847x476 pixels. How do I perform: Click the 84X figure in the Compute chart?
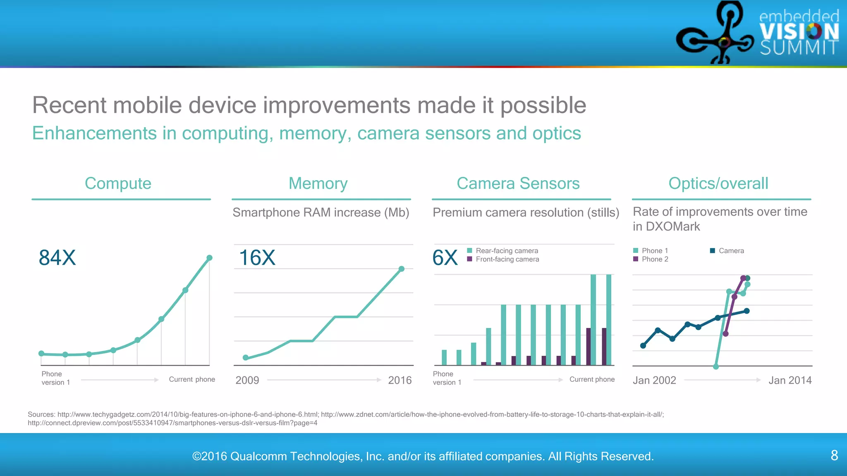tap(57, 258)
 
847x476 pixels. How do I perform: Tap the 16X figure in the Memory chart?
tap(257, 258)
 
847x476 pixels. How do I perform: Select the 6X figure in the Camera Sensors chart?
tap(445, 258)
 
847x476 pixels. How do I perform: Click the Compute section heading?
tap(118, 183)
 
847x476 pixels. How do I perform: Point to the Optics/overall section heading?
tap(718, 183)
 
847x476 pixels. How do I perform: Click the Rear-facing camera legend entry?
tap(507, 251)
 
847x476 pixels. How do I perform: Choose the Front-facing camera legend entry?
tap(507, 259)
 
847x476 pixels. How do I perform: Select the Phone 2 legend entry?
tap(655, 259)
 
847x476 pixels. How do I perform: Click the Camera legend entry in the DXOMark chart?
tap(731, 251)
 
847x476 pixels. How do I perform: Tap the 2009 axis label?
tap(247, 380)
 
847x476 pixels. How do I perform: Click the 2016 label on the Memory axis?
tap(400, 380)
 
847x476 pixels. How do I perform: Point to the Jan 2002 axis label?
tap(654, 380)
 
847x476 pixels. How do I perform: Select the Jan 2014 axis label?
tap(790, 380)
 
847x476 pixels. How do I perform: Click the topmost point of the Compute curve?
tap(209, 258)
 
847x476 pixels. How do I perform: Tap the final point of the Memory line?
tap(401, 269)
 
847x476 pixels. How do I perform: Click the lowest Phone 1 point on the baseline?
tap(716, 367)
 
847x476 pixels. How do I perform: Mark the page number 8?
tap(834, 455)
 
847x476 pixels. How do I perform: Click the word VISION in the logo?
tap(799, 31)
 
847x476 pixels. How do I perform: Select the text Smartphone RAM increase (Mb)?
tap(321, 212)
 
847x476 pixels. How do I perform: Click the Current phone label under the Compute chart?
tap(192, 379)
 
